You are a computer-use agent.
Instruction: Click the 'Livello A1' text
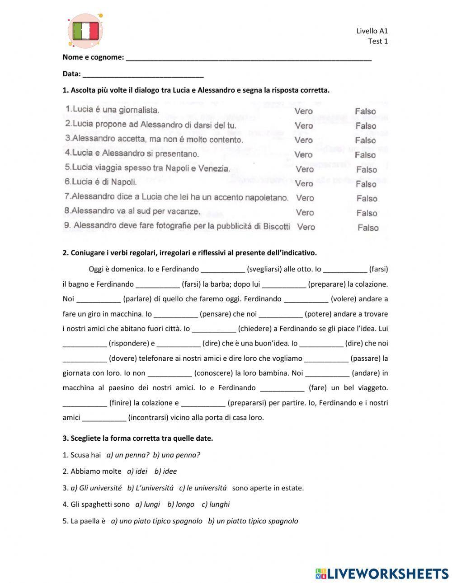pos(372,31)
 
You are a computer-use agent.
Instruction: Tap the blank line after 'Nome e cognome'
pos(249,58)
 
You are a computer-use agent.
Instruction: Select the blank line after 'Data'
pos(143,75)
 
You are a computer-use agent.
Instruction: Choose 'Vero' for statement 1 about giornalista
pos(303,111)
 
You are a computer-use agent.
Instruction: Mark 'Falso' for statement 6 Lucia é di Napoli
pos(366,184)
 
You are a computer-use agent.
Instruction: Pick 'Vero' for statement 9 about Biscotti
pos(306,227)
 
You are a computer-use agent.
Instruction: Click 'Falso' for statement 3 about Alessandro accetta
pos(365,140)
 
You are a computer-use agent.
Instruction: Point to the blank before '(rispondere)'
pos(85,344)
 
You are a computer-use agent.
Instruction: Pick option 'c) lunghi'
pos(216,504)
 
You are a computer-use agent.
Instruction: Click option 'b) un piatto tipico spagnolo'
pos(253,521)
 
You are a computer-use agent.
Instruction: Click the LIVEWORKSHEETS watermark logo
pos(381,574)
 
